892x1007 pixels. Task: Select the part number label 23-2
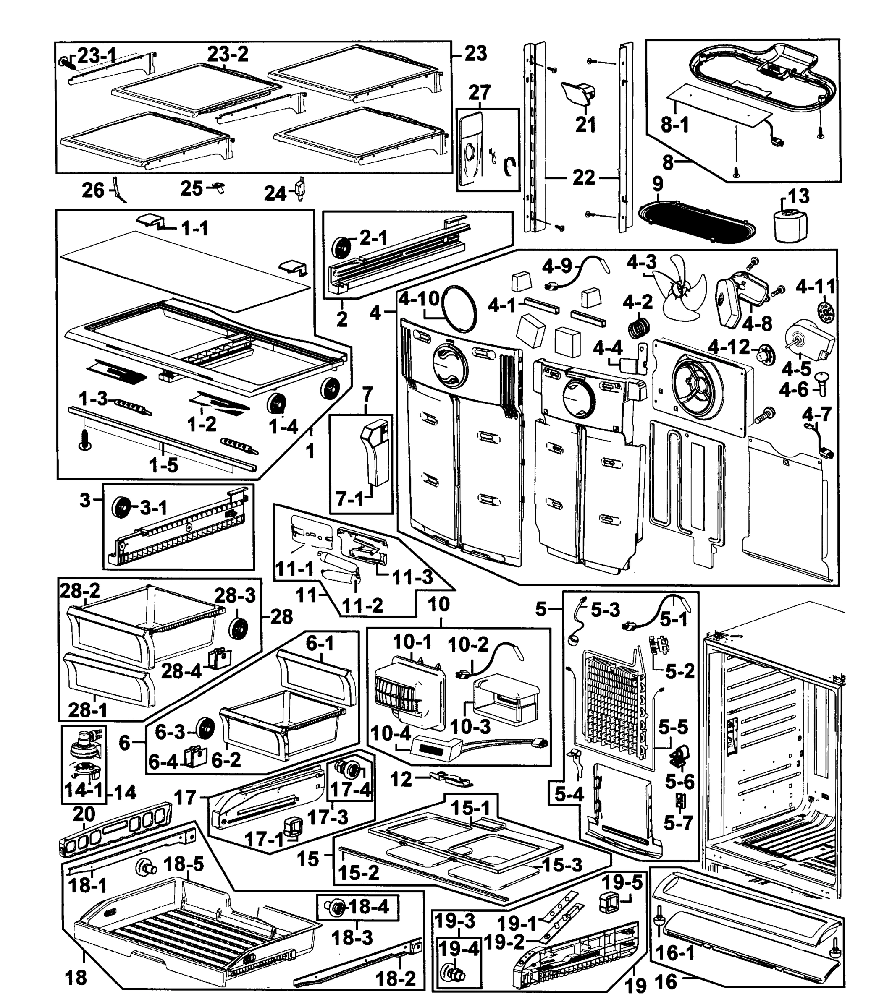[227, 54]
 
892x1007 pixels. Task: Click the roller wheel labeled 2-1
[341, 247]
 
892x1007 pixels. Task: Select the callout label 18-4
[368, 906]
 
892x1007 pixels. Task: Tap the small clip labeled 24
[300, 189]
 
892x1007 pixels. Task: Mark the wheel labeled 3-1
[121, 507]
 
